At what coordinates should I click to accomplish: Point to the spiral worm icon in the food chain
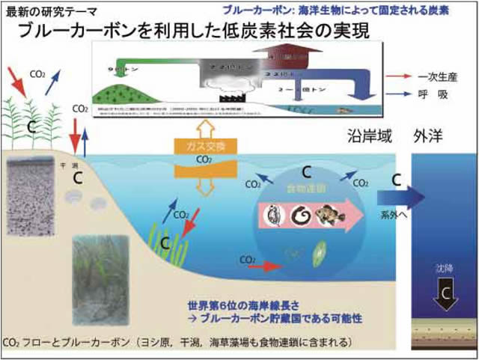pyautogui.click(x=302, y=216)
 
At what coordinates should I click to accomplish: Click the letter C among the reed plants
pyautogui.click(x=31, y=127)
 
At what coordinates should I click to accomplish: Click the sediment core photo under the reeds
pyautogui.click(x=35, y=196)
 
